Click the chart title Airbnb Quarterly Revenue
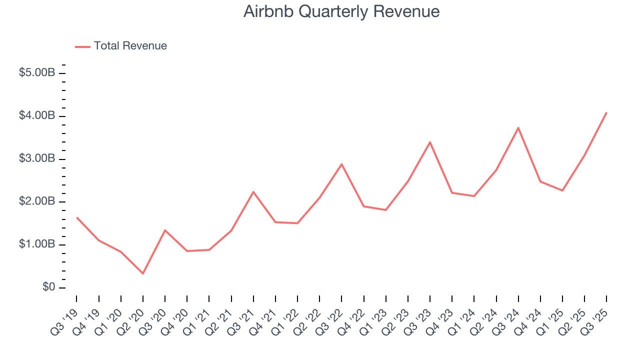click(x=341, y=11)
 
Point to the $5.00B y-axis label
click(x=36, y=73)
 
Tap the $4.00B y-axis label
click(x=36, y=116)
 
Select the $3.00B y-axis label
click(x=36, y=159)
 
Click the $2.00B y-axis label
click(x=36, y=202)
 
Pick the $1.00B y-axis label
click(x=36, y=245)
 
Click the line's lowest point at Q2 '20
click(x=143, y=273)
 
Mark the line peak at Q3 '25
click(x=606, y=112)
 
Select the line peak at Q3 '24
click(x=518, y=127)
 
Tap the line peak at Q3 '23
click(x=430, y=142)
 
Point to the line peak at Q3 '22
click(x=341, y=164)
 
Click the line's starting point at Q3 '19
click(x=76, y=217)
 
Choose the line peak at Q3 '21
click(x=253, y=191)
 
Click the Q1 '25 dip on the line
click(x=562, y=190)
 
